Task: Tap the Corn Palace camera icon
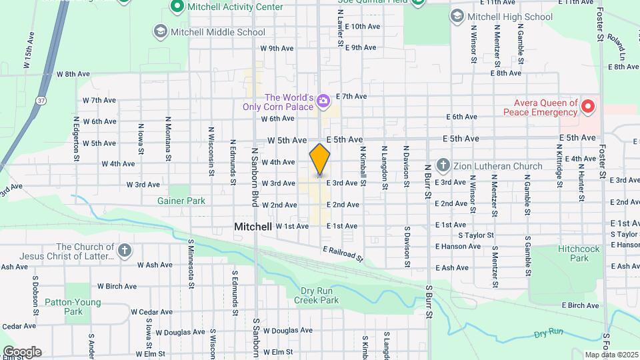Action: point(323,101)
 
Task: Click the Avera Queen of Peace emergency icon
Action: point(588,106)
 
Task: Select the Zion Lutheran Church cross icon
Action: point(443,165)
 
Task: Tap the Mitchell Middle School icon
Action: point(160,31)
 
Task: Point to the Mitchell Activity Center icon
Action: point(177,7)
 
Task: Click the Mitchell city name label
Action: point(253,227)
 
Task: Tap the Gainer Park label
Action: point(181,200)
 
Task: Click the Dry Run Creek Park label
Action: point(316,295)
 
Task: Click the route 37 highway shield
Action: point(41,100)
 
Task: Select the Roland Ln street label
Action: point(622,43)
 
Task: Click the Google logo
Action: point(22,352)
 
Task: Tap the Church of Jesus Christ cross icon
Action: point(123,251)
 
